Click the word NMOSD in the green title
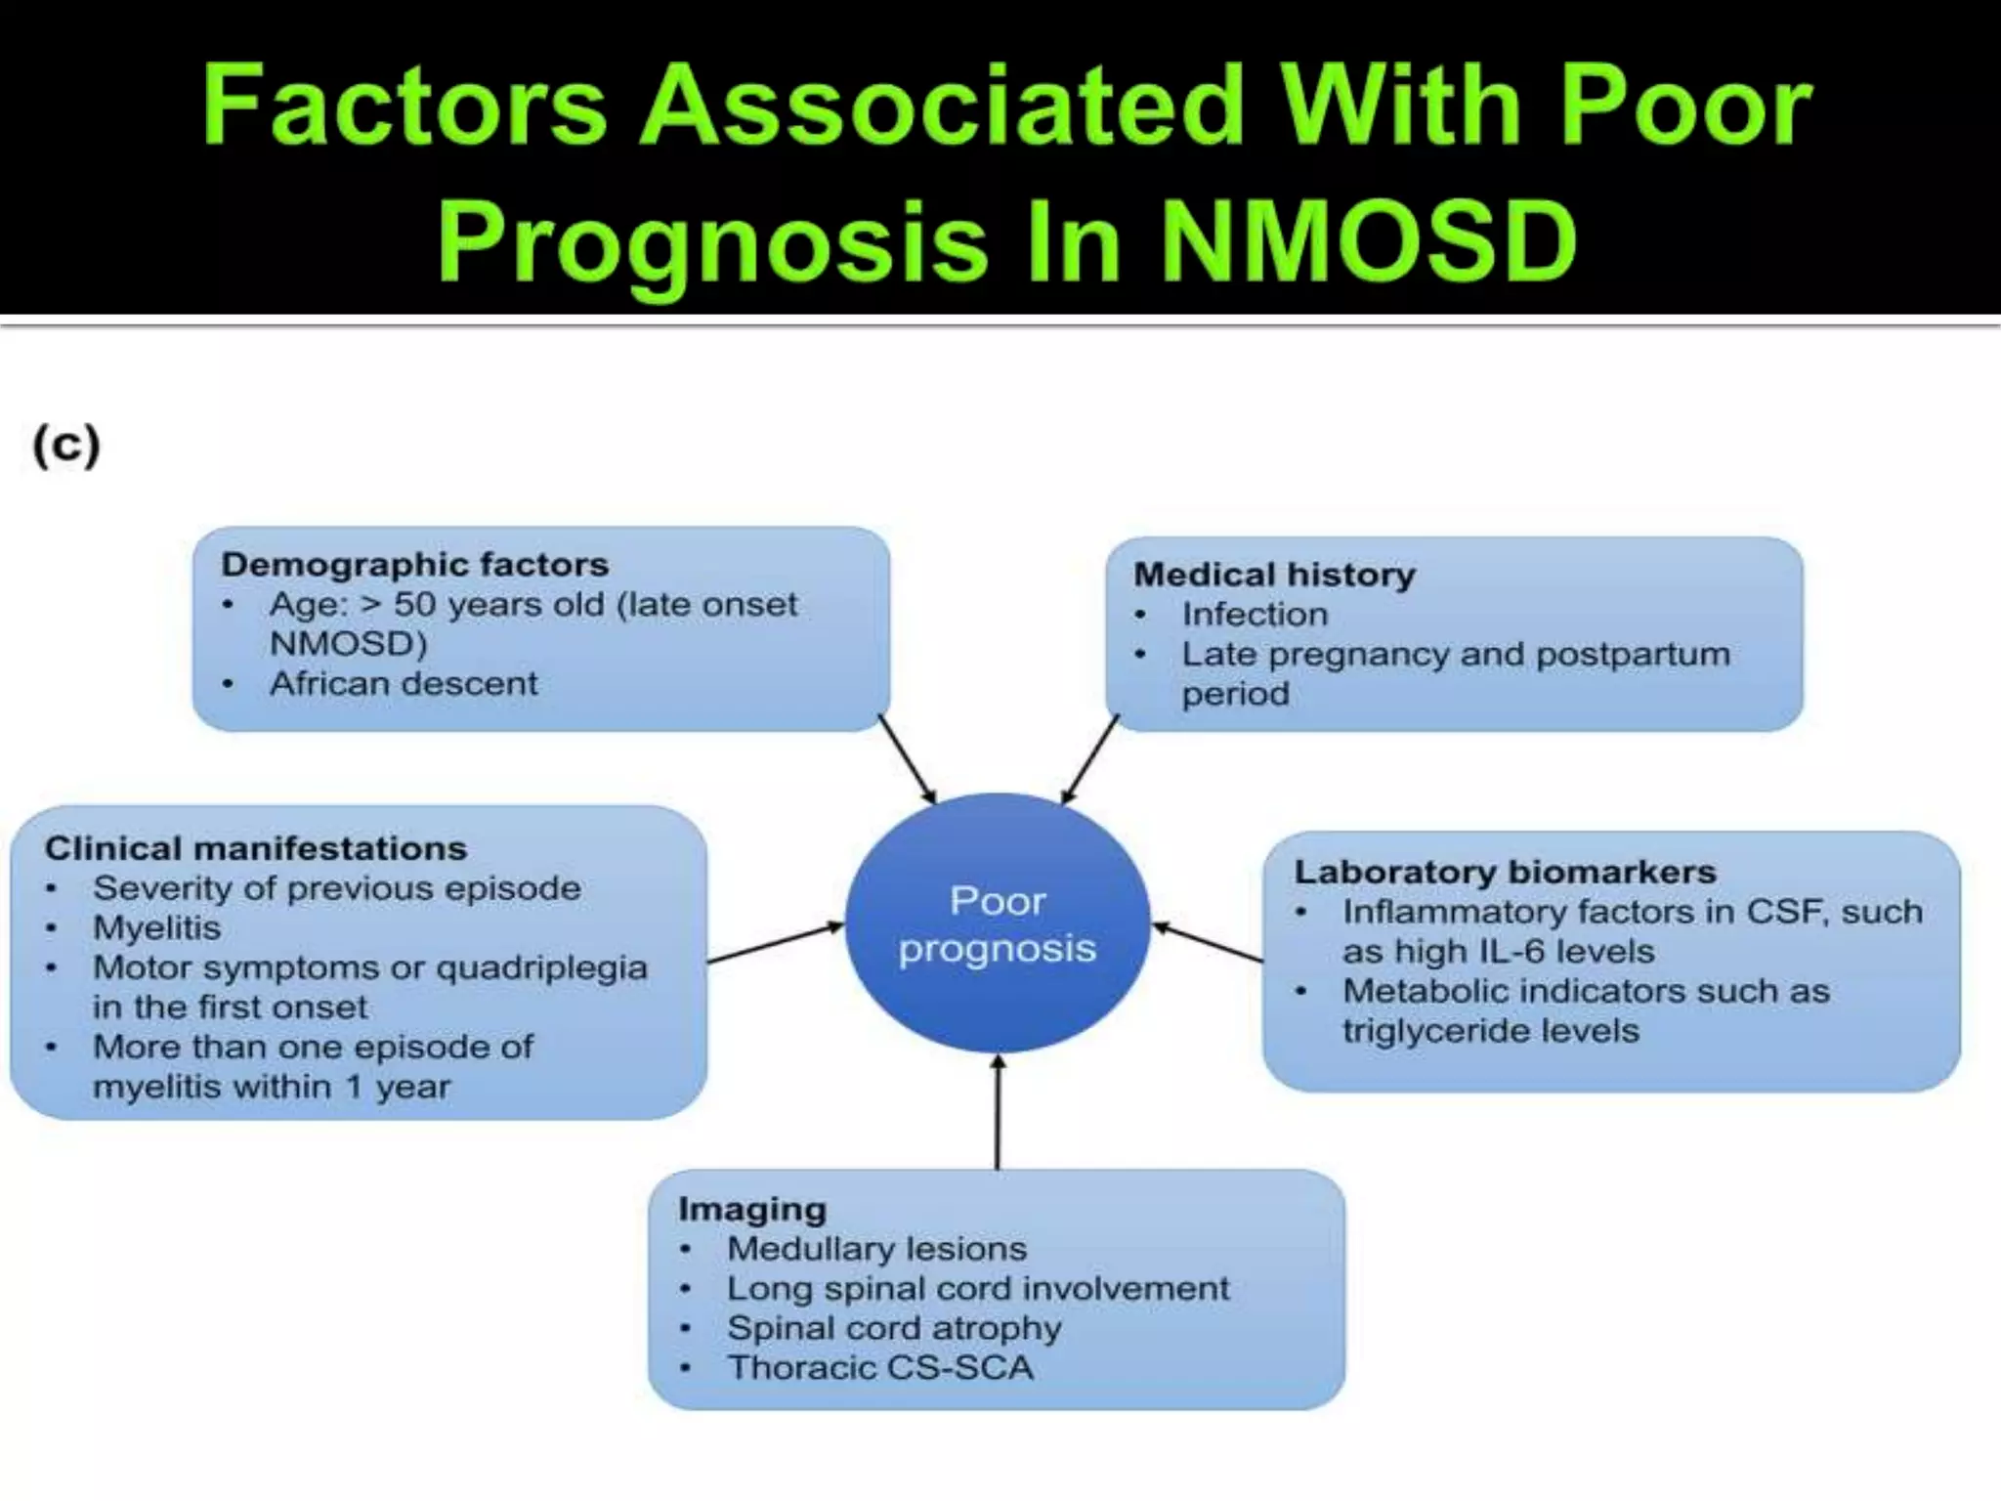point(1368,239)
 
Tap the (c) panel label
point(66,446)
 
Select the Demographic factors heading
point(414,565)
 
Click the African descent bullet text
point(403,683)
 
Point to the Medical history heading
point(1274,575)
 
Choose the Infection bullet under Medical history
point(1255,614)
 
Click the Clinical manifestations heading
point(256,848)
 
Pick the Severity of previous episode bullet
point(336,888)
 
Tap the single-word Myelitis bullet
point(156,927)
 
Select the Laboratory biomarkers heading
point(1505,872)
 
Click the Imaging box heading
point(752,1210)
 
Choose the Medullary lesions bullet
point(876,1249)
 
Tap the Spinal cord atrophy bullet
point(893,1328)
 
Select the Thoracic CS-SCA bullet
point(879,1368)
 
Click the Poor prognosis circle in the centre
point(997,923)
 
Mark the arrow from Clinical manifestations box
point(775,943)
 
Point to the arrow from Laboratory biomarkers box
point(1208,942)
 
